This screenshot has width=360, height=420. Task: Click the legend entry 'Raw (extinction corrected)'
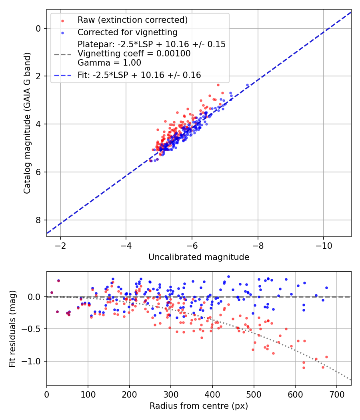[x=132, y=20]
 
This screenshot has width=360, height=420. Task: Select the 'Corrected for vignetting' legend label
[x=127, y=32]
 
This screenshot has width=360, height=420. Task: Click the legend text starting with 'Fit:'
[x=139, y=75]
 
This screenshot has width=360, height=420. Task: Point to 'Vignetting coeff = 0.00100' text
[x=134, y=53]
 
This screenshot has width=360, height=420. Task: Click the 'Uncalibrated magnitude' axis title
[x=199, y=257]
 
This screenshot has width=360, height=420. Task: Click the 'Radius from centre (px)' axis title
[x=199, y=406]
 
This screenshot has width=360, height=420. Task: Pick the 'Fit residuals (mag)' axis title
[x=12, y=329]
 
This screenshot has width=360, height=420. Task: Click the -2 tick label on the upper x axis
[x=61, y=245]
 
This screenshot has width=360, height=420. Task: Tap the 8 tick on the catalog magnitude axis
[x=38, y=220]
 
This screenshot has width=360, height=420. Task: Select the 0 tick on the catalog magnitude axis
[x=38, y=28]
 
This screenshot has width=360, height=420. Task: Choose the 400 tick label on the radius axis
[x=212, y=394]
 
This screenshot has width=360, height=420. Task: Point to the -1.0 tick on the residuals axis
[x=33, y=361]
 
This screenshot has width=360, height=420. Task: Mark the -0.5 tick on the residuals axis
[x=33, y=329]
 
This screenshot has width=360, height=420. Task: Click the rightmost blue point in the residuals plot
[x=326, y=288]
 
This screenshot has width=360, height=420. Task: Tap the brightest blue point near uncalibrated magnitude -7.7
[x=247, y=85]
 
